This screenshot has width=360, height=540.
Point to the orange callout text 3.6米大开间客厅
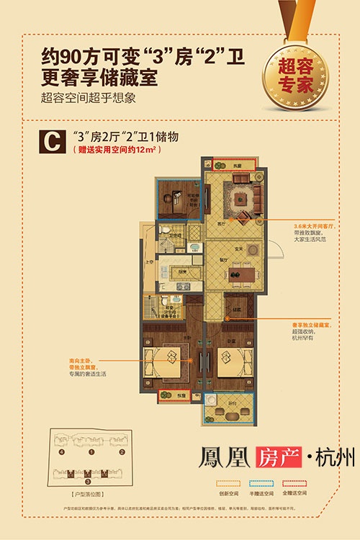pos(296,225)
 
